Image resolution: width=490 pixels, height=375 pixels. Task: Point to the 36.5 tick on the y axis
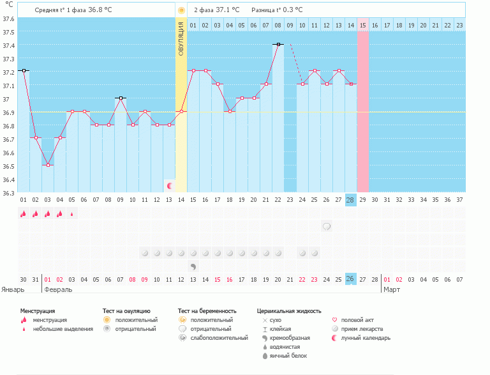pyautogui.click(x=8, y=166)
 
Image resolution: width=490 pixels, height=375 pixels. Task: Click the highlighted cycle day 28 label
pyautogui.click(x=350, y=199)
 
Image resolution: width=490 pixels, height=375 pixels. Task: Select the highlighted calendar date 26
pyautogui.click(x=350, y=279)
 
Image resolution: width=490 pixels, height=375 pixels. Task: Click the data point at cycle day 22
pyautogui.click(x=278, y=44)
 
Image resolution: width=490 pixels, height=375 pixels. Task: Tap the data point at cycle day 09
pyautogui.click(x=121, y=98)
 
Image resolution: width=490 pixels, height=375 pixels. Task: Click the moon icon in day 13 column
pyautogui.click(x=170, y=186)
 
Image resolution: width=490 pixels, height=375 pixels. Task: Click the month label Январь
pyautogui.click(x=13, y=289)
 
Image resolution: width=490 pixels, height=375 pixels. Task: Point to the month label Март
pyautogui.click(x=391, y=289)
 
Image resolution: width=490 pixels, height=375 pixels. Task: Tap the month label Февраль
pyautogui.click(x=57, y=289)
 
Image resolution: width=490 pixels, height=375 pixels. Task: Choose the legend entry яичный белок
pyautogui.click(x=287, y=355)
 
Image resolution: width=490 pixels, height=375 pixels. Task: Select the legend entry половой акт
pyautogui.click(x=357, y=319)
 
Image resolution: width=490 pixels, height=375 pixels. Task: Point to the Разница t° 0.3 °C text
pyautogui.click(x=277, y=10)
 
